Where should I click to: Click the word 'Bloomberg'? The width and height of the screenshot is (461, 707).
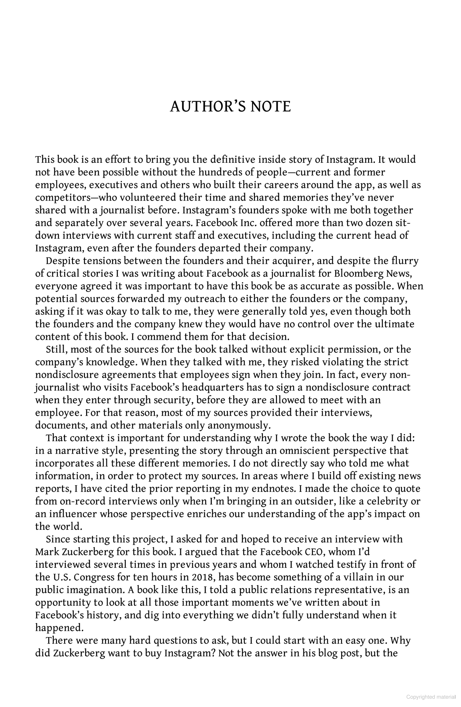pos(358,273)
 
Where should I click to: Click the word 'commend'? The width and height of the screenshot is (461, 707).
pos(163,337)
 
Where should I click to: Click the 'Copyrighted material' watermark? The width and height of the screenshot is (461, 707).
pos(431,697)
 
